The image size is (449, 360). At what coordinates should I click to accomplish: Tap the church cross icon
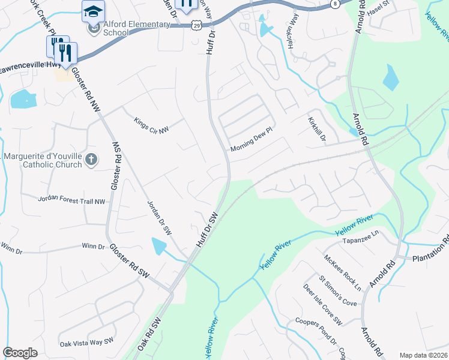click(91, 159)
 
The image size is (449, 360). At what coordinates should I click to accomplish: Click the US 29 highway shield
click(197, 25)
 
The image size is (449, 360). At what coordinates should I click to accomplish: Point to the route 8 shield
click(334, 4)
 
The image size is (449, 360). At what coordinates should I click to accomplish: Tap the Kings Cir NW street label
click(151, 125)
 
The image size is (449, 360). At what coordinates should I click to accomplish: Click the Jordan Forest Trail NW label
click(71, 200)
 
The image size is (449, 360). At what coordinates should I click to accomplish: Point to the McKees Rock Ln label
click(343, 272)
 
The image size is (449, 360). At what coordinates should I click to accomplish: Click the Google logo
click(20, 353)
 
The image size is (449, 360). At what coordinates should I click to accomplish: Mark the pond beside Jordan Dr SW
click(158, 246)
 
